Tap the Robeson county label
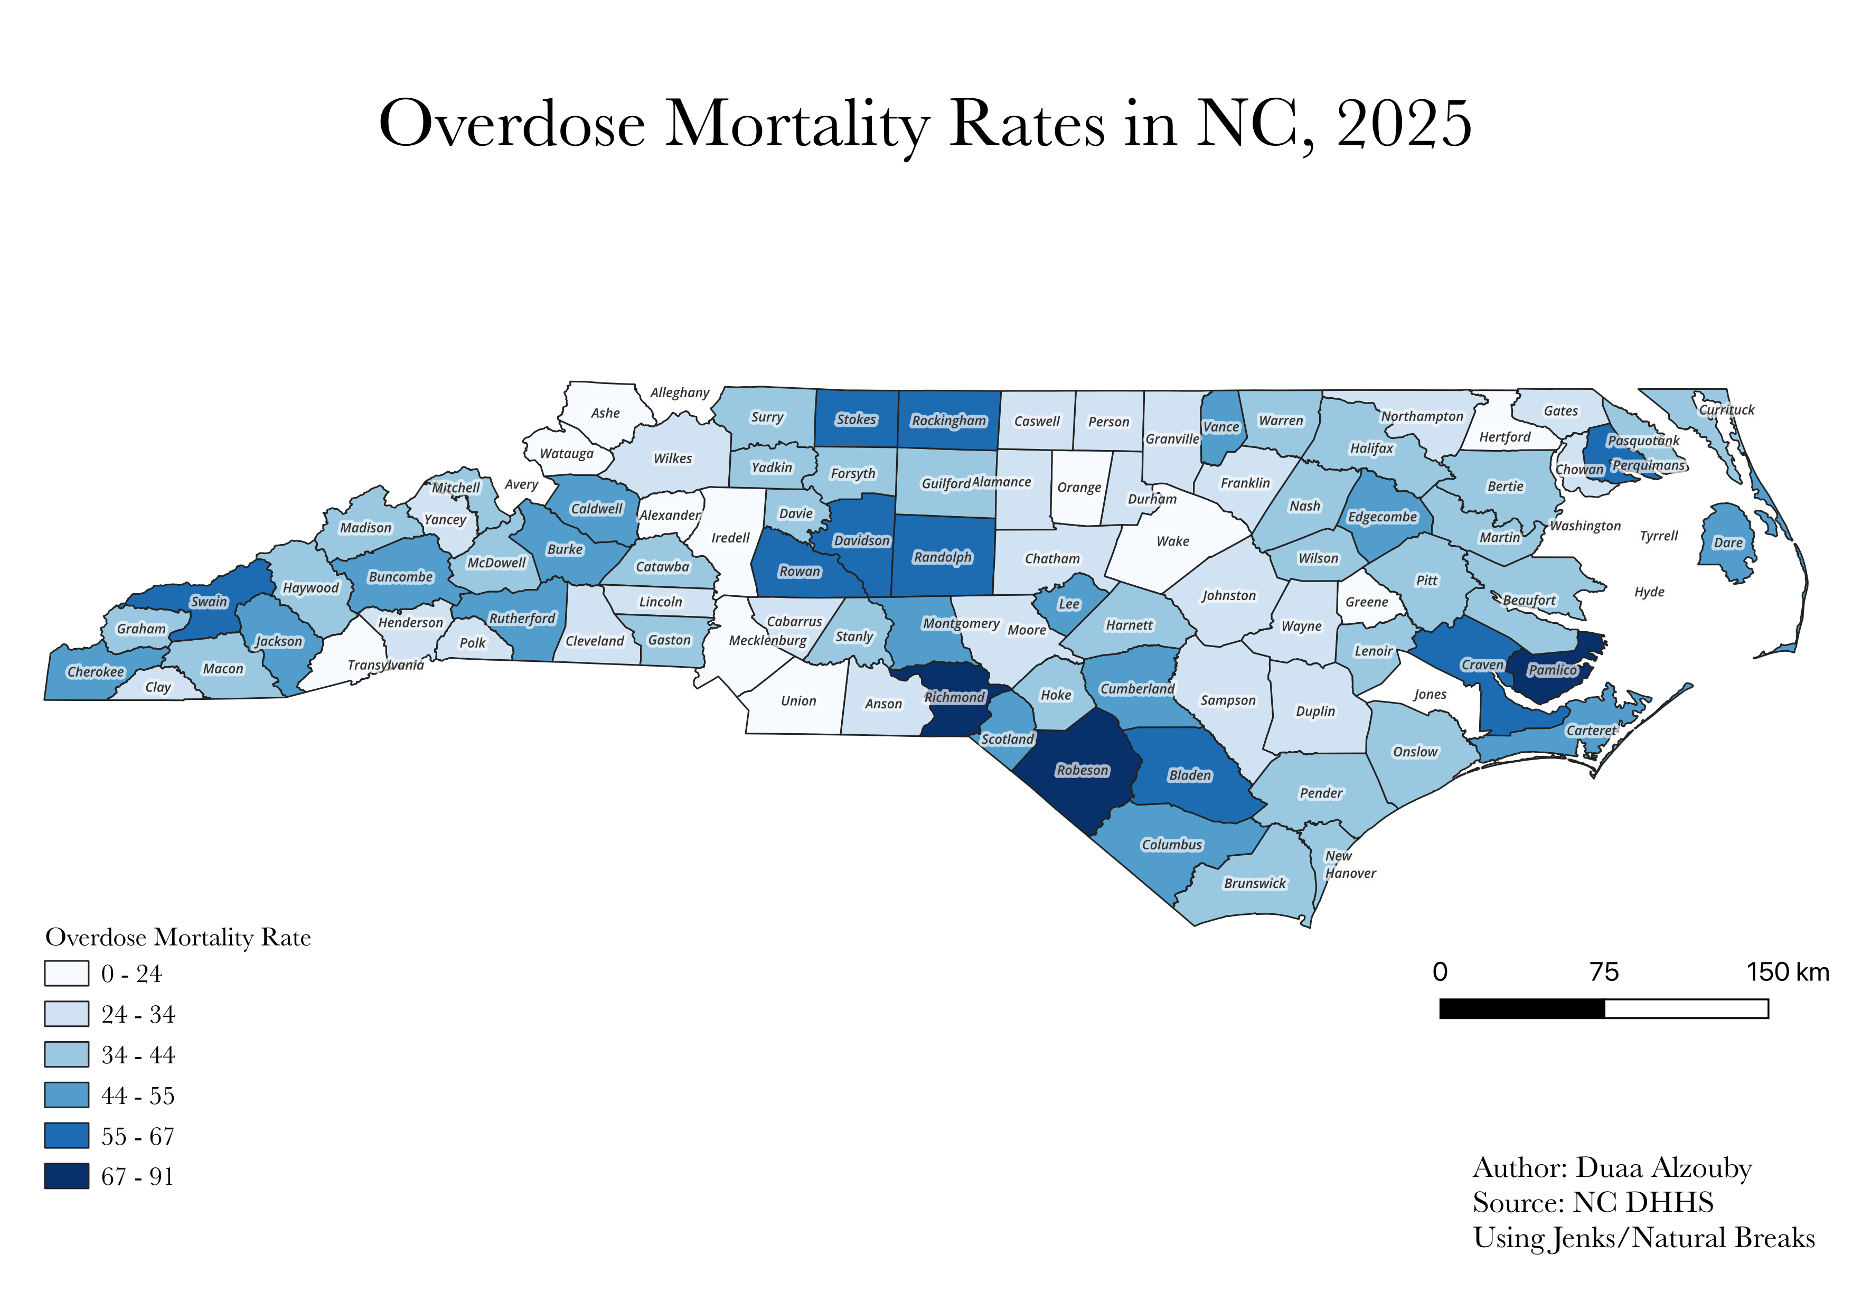[1083, 770]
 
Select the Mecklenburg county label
[768, 641]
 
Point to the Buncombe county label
[401, 577]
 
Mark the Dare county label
[1728, 543]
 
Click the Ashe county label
[605, 413]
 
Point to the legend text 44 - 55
[138, 1096]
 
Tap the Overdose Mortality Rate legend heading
[178, 937]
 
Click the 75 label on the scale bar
[1604, 971]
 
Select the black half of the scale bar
[1522, 1008]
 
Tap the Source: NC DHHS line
[1593, 1203]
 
